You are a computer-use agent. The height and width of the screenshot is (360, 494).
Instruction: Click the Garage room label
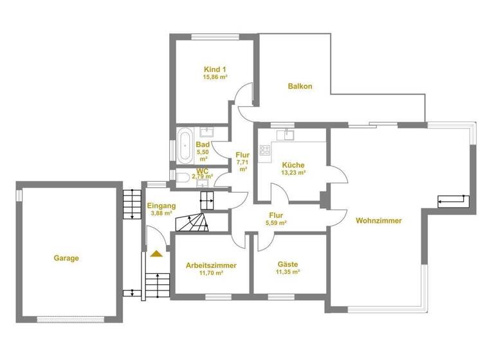click(66, 258)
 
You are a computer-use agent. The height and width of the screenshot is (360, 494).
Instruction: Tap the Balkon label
click(300, 86)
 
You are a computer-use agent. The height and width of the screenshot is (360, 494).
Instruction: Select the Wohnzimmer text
click(378, 221)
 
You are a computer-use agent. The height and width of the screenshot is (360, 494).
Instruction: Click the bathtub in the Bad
click(185, 140)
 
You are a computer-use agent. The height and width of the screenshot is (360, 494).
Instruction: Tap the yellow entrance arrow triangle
click(155, 254)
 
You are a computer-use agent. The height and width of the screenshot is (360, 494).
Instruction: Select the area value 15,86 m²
click(215, 77)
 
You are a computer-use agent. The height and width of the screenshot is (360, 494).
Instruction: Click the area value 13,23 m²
click(293, 172)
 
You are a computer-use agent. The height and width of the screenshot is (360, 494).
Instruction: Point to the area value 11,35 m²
click(288, 272)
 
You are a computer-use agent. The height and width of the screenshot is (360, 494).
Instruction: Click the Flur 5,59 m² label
click(277, 219)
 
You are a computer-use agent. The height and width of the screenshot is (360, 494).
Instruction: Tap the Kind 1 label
click(215, 69)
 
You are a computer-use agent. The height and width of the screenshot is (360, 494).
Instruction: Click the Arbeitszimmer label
click(211, 265)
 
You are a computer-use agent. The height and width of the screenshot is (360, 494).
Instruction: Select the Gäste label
click(288, 264)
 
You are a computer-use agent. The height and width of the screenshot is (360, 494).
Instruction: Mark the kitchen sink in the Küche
click(285, 135)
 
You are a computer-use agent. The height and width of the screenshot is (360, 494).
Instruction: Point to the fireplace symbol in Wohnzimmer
click(453, 202)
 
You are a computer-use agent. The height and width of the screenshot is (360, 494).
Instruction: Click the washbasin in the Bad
click(207, 132)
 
